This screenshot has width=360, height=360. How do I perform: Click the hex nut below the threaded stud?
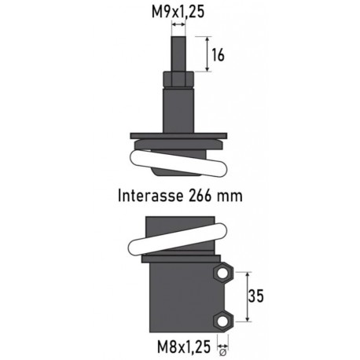click(180, 81)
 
